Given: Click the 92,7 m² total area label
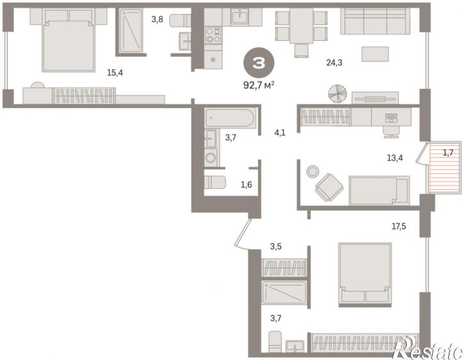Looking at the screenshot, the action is coord(259,86).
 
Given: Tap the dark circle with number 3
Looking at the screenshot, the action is coord(259,63).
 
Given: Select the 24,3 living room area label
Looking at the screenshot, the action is coord(334,63).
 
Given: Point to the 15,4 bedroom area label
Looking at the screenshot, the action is coord(115,73).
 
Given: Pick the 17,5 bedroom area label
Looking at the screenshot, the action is coord(399,227).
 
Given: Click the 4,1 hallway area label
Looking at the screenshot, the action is coord(280,133).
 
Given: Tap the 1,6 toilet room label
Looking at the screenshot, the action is coord(246,185).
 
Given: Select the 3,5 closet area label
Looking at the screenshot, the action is coord(275,247).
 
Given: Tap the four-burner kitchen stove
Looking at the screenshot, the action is coord(213,35).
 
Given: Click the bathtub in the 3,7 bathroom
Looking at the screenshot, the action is coord(230,118).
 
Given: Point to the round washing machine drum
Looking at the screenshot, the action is coord(211,157).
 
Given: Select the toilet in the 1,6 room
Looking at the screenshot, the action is coord(215,182).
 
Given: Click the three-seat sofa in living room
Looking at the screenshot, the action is coord(375,21).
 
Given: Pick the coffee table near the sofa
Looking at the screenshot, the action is coord(375,54).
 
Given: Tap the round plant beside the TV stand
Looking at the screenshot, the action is coord(337,93).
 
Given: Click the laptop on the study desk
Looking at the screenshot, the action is coord(391,118).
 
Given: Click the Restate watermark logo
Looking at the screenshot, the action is coord(429,349).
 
